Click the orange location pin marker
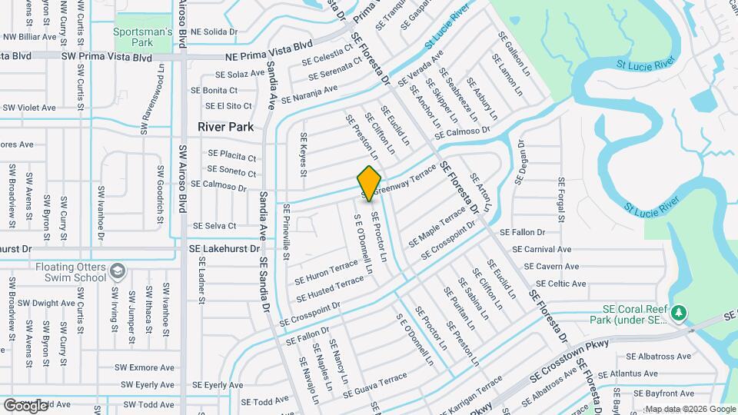[x=370, y=183]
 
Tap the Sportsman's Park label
[x=143, y=37]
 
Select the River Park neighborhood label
[x=225, y=126]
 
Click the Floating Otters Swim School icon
[x=117, y=271]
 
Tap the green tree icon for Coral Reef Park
[x=678, y=313]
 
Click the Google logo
[x=25, y=405]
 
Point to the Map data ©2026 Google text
[x=690, y=409]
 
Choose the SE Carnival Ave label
[x=542, y=249]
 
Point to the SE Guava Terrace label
[x=375, y=384]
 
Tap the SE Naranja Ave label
[x=309, y=95]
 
